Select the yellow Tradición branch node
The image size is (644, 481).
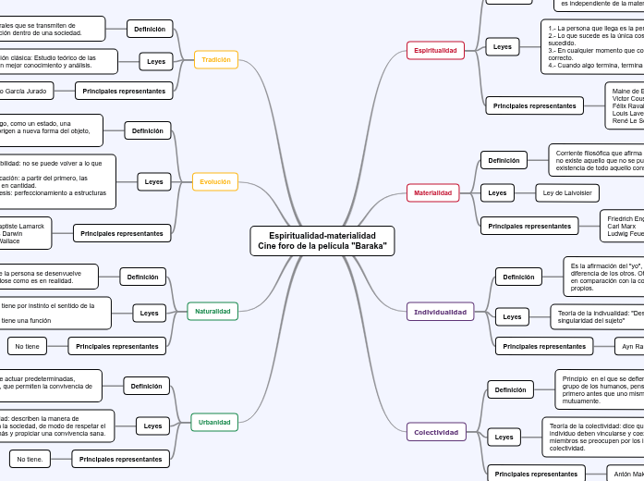click(x=216, y=60)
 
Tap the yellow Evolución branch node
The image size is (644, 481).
click(x=215, y=181)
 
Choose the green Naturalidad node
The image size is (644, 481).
click(x=213, y=312)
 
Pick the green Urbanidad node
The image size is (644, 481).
click(x=214, y=422)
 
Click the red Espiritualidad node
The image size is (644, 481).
click(x=435, y=50)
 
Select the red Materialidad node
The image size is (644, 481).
click(x=432, y=193)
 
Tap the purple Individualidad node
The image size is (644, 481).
click(x=440, y=312)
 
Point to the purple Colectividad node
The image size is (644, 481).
click(x=436, y=432)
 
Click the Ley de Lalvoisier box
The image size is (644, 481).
click(x=567, y=193)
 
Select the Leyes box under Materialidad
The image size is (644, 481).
click(x=497, y=193)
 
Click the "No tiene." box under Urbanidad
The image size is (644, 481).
click(x=30, y=459)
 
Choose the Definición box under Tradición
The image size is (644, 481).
click(x=150, y=29)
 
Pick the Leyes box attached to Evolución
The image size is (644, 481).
click(x=153, y=181)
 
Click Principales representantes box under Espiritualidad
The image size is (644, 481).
click(x=534, y=106)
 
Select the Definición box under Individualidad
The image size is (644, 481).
click(x=518, y=277)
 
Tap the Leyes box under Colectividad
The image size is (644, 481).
click(x=503, y=436)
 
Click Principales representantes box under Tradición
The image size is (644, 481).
click(x=124, y=91)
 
